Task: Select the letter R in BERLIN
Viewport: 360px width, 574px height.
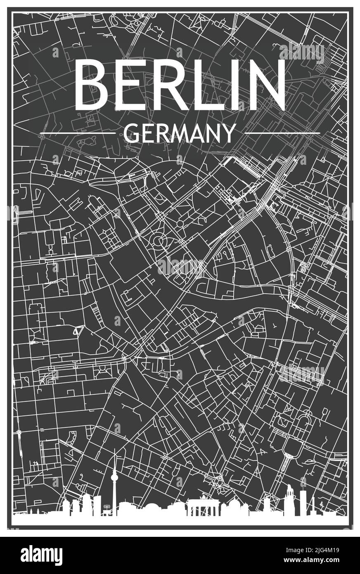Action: (173, 85)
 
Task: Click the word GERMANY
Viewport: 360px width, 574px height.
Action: (180, 133)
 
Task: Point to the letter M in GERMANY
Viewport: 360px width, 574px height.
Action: (180, 133)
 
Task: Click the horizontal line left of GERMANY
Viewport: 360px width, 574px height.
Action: (78, 133)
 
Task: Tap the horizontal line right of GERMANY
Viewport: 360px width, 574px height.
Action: (282, 133)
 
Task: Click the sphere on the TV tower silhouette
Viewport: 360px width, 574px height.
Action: (115, 479)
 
